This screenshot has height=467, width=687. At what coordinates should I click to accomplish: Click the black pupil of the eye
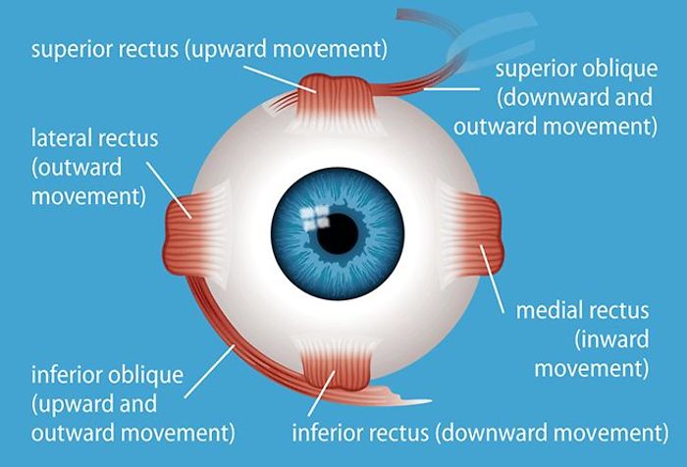(338, 233)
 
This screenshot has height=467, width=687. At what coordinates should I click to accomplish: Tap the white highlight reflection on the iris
(315, 218)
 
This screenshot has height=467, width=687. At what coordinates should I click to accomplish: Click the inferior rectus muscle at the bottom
(337, 365)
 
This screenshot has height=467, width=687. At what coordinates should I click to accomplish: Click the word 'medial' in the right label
(549, 310)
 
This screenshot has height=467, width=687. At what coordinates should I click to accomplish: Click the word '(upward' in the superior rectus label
(226, 50)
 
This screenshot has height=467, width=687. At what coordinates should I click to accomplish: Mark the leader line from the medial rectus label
(493, 280)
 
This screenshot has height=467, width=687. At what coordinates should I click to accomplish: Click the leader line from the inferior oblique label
(210, 371)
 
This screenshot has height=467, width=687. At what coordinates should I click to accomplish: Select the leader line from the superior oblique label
(451, 89)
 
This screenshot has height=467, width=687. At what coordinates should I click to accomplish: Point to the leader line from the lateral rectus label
(169, 190)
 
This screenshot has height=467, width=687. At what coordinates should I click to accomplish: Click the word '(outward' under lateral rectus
(77, 168)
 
